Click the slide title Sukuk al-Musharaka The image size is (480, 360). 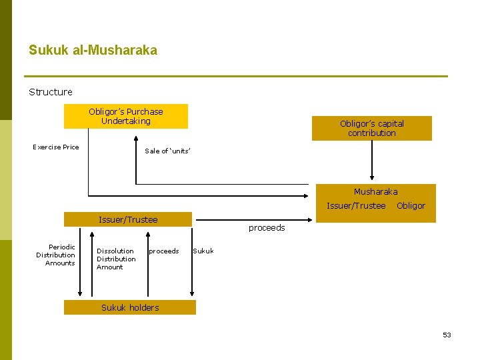pos(93,50)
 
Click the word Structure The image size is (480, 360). pos(51,92)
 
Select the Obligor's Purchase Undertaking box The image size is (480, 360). pos(126,116)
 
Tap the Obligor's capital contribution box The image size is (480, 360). pos(371,128)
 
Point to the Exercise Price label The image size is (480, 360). pos(56,147)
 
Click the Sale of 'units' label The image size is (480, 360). pos(168,151)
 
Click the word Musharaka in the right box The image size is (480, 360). pos(375,192)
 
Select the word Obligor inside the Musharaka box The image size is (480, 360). pos(411,206)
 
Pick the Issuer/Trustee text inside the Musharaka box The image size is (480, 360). pos(356,206)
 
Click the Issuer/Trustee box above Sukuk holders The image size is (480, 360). pos(128,219)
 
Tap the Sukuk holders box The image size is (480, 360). pos(130,307)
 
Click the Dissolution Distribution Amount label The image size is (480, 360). pos(116,259)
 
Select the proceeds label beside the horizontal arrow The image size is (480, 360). pos(267,228)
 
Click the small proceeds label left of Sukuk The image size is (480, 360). pos(164,251)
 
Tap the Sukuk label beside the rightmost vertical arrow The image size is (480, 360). pos(203,251)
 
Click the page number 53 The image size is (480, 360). pos(447,335)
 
